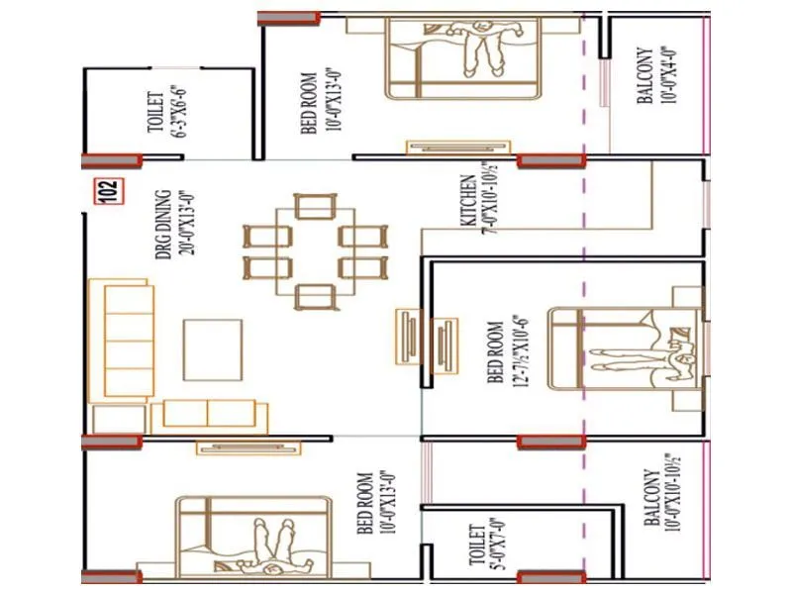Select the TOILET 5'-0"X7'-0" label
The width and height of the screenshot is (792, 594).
(x=482, y=547)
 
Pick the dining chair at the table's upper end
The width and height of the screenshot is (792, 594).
(x=316, y=206)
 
